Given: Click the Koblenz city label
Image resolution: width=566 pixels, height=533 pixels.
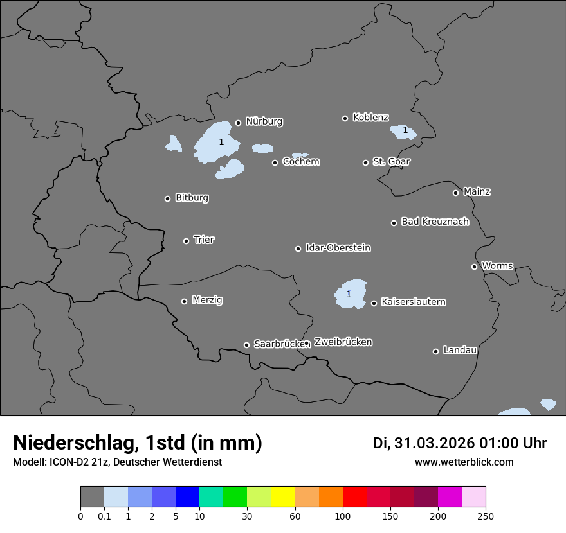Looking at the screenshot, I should [370, 118].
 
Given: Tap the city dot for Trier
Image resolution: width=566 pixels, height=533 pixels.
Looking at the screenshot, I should [187, 241].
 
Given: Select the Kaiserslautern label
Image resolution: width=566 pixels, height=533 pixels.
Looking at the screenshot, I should [413, 302].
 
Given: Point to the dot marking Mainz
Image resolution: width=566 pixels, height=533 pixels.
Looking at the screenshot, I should [455, 193].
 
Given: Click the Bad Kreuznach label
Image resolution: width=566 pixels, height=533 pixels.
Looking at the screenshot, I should [435, 222].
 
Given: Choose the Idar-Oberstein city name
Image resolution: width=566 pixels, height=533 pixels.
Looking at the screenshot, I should [338, 248].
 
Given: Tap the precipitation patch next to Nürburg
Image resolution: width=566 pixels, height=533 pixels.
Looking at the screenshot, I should [215, 143].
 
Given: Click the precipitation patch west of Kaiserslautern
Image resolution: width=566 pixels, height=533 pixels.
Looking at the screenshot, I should [351, 293].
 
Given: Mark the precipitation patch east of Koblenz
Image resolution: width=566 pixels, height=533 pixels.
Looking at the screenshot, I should [403, 132].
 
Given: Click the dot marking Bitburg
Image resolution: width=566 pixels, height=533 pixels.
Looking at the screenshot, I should [168, 198].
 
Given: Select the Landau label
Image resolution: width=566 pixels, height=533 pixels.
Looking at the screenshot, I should [460, 350].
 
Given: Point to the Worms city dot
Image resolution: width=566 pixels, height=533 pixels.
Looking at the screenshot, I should [474, 266].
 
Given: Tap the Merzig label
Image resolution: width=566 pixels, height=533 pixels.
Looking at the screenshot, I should [207, 300].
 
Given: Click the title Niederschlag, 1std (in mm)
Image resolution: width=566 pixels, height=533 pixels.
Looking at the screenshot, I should [138, 443].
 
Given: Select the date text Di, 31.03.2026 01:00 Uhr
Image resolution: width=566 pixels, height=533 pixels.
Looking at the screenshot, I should [460, 443].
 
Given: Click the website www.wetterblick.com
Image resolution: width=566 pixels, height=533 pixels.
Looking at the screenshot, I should [464, 462].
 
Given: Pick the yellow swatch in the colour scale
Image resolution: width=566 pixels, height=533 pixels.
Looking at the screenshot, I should [283, 497].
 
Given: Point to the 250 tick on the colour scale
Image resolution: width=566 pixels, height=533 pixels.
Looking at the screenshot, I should [486, 516].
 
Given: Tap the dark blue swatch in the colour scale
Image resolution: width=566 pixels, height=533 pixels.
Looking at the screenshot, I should [187, 497].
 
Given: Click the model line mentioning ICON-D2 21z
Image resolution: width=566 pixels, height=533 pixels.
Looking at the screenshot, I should [117, 462].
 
